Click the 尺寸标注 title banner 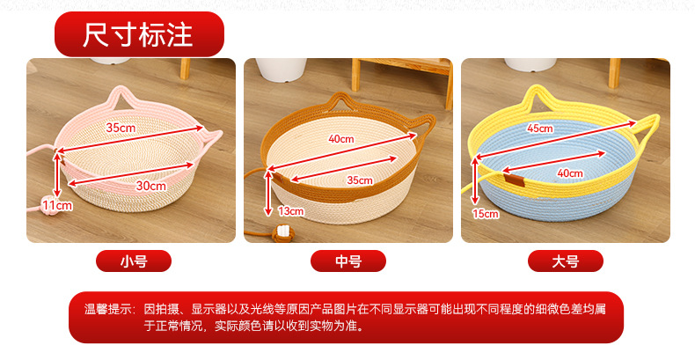click(x=139, y=34)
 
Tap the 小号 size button click(x=134, y=261)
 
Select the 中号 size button click(x=348, y=261)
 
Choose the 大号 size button click(x=565, y=261)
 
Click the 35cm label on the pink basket click(x=121, y=128)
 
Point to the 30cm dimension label click(x=150, y=186)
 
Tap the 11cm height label click(x=57, y=205)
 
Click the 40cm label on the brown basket click(x=340, y=139)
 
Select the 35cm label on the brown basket click(x=360, y=180)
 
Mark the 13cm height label click(x=291, y=211)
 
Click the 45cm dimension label click(x=540, y=129)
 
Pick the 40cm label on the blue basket click(x=570, y=173)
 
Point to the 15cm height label click(x=486, y=214)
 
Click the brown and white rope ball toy click(x=282, y=233)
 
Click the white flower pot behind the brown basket click(x=282, y=70)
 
